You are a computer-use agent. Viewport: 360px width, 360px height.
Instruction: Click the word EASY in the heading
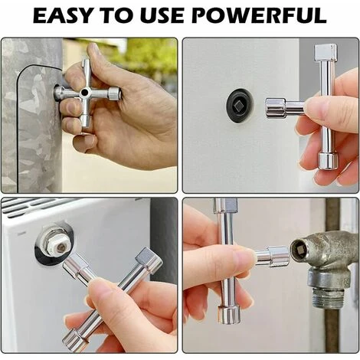(x=62, y=16)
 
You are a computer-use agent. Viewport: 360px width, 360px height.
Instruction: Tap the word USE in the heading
(x=162, y=16)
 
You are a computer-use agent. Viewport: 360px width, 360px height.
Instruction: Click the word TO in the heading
(x=116, y=16)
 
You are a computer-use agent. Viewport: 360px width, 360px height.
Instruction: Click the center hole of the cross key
(x=83, y=92)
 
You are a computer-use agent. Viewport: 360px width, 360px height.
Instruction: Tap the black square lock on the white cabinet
(x=239, y=105)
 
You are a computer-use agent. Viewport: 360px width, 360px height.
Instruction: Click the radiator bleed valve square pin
(x=61, y=247)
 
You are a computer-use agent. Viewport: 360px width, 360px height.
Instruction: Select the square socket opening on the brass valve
(x=299, y=251)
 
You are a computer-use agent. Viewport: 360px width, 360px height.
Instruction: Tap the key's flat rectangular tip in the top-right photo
(x=325, y=51)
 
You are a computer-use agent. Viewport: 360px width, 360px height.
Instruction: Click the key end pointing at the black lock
(x=274, y=109)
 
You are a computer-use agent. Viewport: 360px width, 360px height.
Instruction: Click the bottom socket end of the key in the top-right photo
(x=328, y=161)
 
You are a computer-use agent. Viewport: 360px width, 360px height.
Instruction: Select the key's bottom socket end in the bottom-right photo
(x=229, y=315)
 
